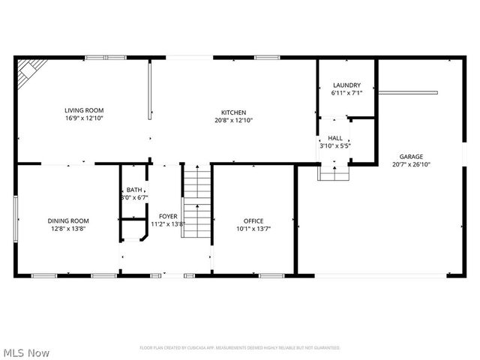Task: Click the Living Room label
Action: pos(84,110)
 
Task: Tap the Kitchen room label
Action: pos(233,112)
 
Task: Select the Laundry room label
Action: pos(346,85)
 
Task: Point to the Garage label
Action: pos(411,157)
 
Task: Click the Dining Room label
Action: pos(68,220)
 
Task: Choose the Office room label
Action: pos(253,220)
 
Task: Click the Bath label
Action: pos(134,190)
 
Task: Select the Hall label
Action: pos(334,138)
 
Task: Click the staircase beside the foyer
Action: pos(198,201)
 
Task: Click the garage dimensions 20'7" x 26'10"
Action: pos(411,165)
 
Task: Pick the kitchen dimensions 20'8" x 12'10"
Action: pos(233,121)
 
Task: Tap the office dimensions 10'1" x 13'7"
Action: pos(253,229)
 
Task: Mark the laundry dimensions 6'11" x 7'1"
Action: pos(346,94)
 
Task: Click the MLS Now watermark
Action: pos(27,352)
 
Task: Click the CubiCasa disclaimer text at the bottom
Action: pos(240,348)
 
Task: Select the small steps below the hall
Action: pos(334,172)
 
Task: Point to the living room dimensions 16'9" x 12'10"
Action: pos(84,118)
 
